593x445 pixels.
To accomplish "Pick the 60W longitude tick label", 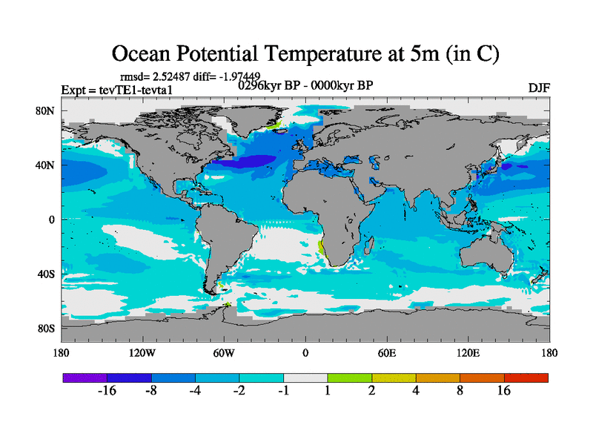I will [x=224, y=353].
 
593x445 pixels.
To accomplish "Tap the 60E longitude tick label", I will [x=386, y=353].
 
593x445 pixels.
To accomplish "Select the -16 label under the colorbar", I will [x=107, y=392].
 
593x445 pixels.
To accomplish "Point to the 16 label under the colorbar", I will [x=504, y=392].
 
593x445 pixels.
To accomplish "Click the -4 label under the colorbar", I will [x=195, y=392].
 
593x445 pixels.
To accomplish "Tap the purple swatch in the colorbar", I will [x=85, y=378].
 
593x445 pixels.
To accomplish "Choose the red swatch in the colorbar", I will [x=526, y=378].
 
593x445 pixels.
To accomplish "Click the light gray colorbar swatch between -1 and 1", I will [x=305, y=378].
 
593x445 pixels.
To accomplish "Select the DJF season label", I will [x=539, y=88].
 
